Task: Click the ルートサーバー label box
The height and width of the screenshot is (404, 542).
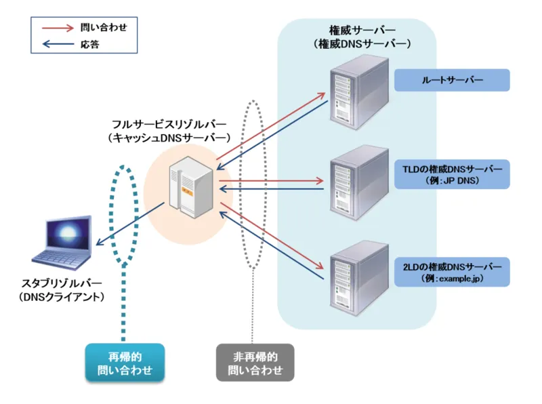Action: (x=451, y=80)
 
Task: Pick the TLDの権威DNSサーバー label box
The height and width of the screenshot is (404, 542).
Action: (x=451, y=174)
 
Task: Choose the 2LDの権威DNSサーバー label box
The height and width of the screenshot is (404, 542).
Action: (x=451, y=272)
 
